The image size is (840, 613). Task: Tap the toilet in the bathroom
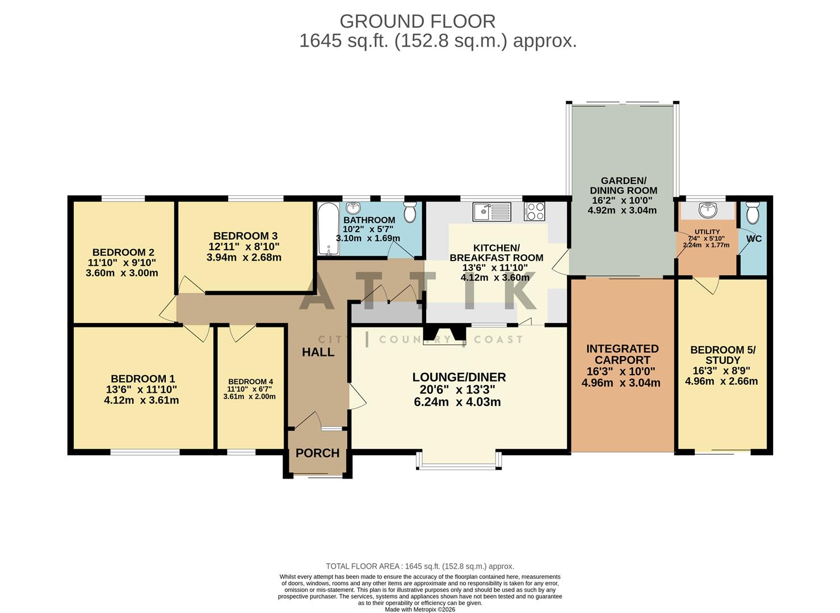click(410, 212)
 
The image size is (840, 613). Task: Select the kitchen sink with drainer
click(491, 212)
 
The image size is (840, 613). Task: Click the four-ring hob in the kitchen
click(534, 212)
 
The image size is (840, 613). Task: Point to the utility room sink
click(707, 211)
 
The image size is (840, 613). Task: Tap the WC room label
click(754, 239)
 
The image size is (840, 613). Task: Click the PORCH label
click(317, 454)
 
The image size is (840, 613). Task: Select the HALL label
click(318, 352)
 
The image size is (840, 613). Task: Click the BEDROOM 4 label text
click(250, 381)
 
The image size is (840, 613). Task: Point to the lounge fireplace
click(445, 335)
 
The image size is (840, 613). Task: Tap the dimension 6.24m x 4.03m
click(457, 402)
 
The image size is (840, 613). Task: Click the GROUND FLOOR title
click(417, 21)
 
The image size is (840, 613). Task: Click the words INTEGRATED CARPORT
click(622, 354)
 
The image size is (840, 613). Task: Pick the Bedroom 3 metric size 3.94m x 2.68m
click(244, 257)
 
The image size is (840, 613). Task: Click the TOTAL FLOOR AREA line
click(420, 566)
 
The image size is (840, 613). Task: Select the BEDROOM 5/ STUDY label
click(723, 355)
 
